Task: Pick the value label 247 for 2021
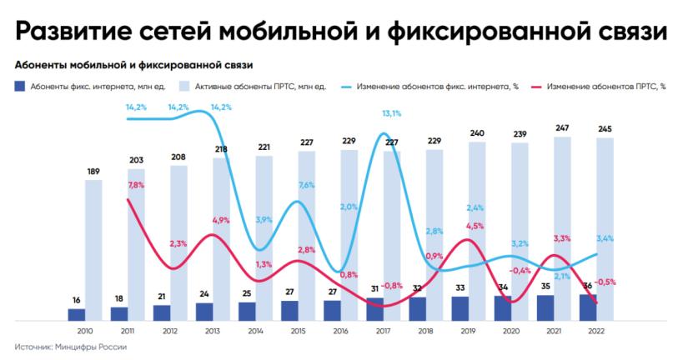(563, 127)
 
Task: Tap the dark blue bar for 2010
(77, 314)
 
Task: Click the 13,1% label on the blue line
(391, 113)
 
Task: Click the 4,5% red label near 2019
(475, 226)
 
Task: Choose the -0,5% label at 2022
(605, 282)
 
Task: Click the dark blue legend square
(19, 86)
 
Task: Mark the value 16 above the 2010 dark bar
(76, 300)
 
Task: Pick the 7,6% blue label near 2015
(305, 185)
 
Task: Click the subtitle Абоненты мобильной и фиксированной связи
(134, 64)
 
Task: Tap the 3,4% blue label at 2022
(605, 238)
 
